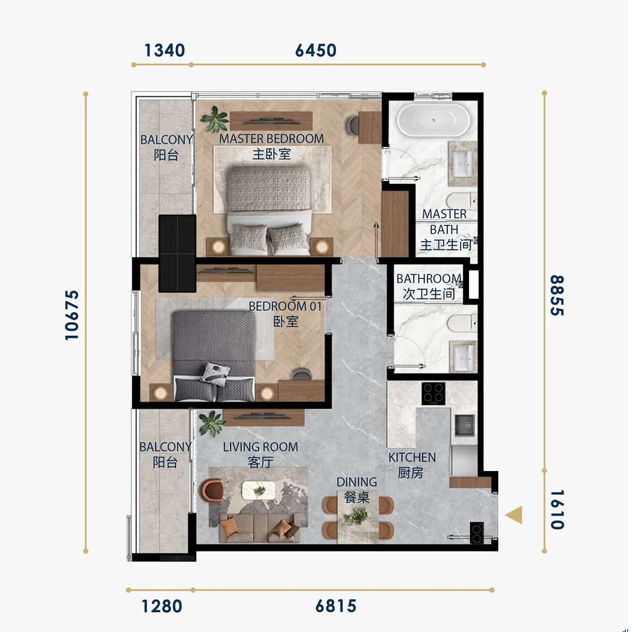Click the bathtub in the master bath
click(x=433, y=120)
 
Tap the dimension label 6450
click(x=315, y=50)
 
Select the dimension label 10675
click(x=72, y=315)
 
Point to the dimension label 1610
click(x=557, y=509)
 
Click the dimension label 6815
click(x=336, y=606)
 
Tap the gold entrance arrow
click(x=514, y=515)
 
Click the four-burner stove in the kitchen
click(x=434, y=393)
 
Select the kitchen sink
click(x=465, y=425)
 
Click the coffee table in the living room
click(x=258, y=490)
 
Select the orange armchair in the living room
click(x=212, y=490)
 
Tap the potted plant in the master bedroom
click(x=214, y=120)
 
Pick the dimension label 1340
click(x=164, y=50)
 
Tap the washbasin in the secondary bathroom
click(x=463, y=357)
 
